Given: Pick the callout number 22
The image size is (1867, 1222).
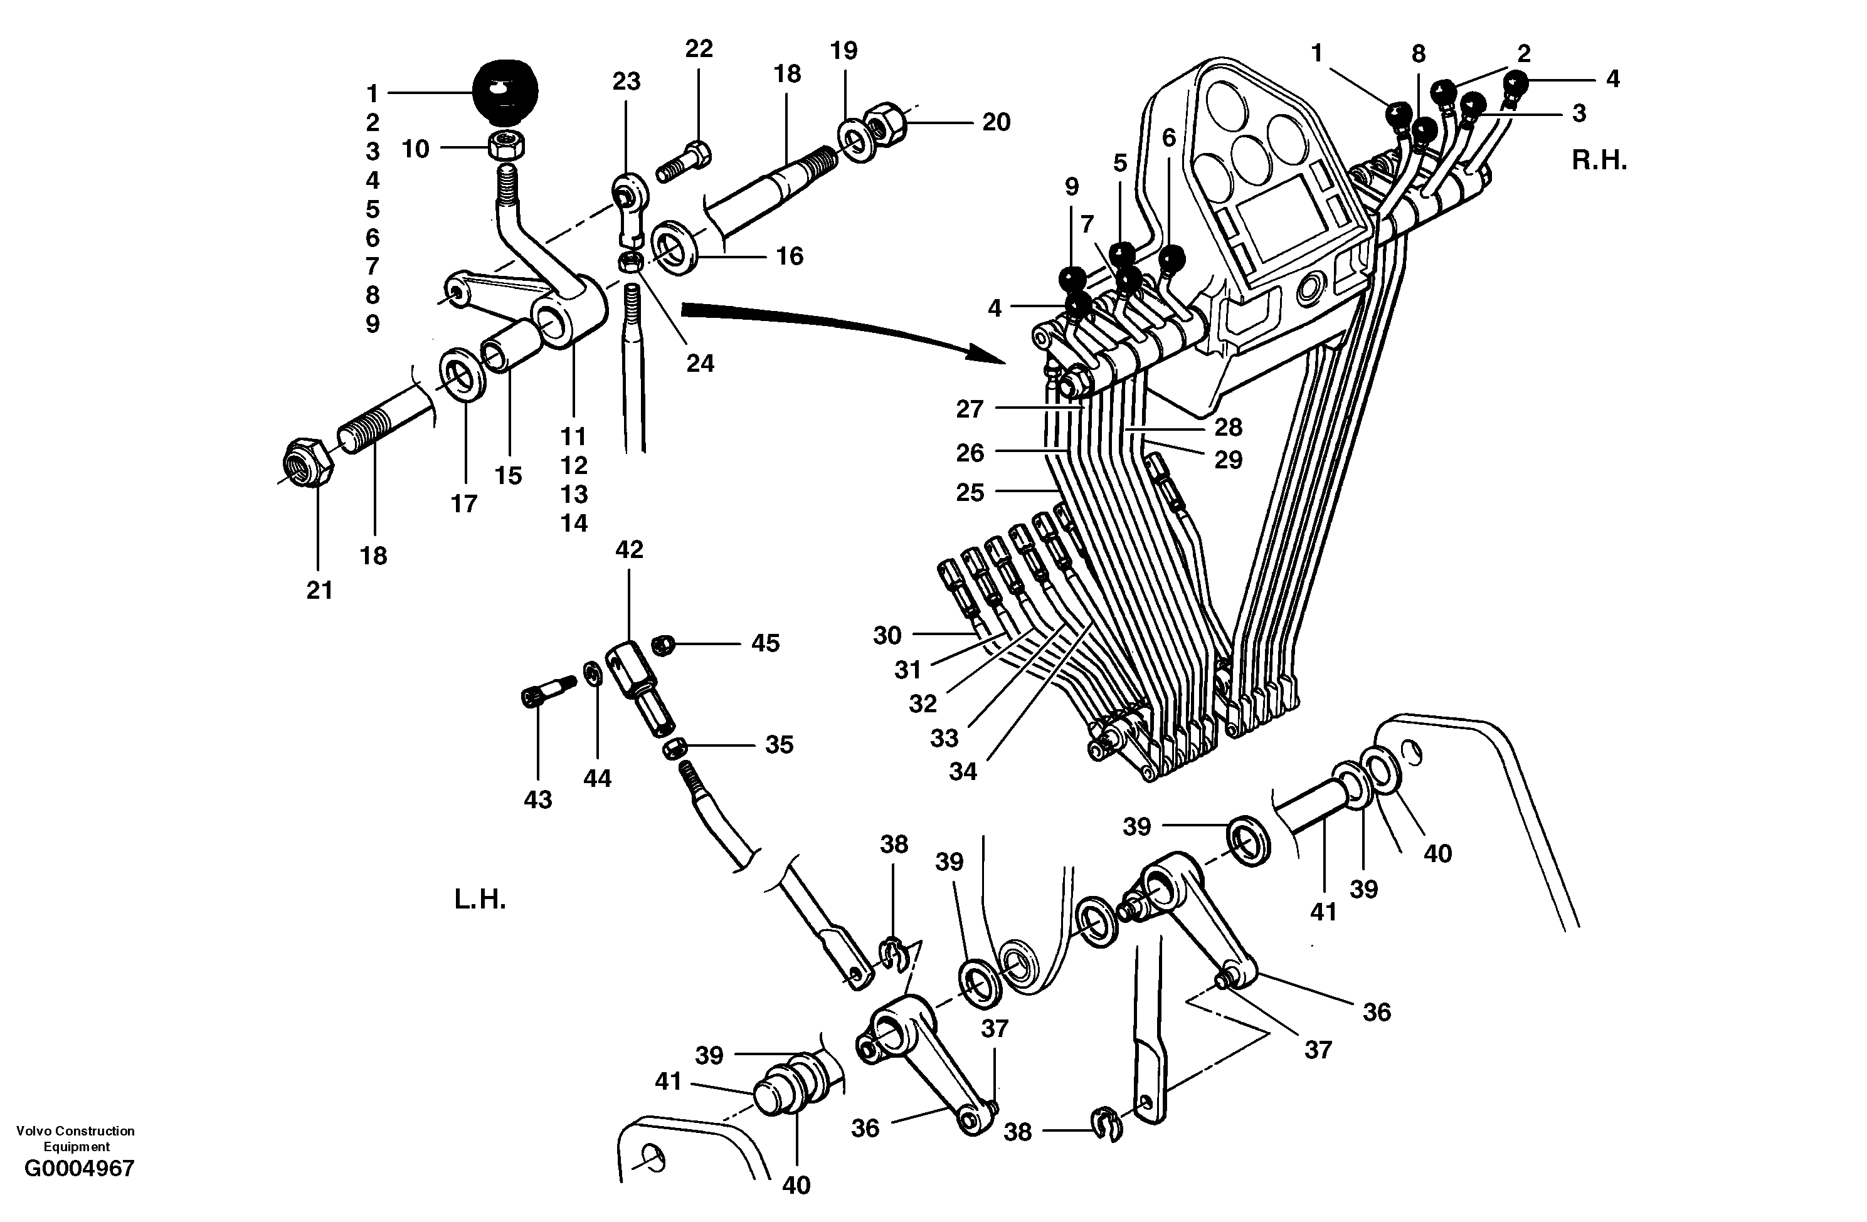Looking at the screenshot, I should [x=698, y=50].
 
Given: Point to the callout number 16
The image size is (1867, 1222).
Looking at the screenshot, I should [x=789, y=256].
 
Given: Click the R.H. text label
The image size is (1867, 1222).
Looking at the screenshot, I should [x=1599, y=160].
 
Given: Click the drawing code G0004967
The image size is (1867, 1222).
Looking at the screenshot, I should [x=79, y=1168].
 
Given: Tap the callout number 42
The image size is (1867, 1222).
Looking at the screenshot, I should [x=629, y=550].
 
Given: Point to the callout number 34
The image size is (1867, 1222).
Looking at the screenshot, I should [x=963, y=772].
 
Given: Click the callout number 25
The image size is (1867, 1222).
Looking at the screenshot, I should [x=970, y=493].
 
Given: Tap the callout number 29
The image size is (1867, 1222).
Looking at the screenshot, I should [x=1228, y=460].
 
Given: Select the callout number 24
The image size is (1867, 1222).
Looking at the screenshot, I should [x=700, y=363].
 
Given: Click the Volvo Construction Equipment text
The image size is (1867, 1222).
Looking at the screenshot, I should [x=75, y=1138].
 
